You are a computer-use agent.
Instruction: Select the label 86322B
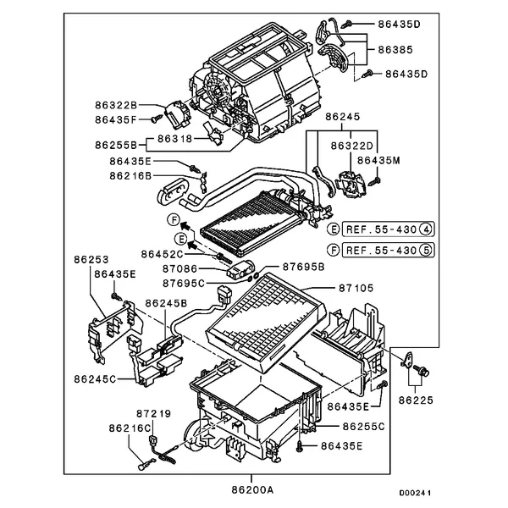117,105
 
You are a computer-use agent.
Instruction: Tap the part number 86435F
117,119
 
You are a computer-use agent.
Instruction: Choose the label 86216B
130,176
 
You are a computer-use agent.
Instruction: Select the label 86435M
378,159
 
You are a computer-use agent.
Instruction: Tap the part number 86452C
162,253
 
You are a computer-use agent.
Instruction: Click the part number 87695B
304,267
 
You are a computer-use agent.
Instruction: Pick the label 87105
356,288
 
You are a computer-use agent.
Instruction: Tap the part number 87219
153,414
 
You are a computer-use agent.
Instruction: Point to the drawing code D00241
415,491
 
